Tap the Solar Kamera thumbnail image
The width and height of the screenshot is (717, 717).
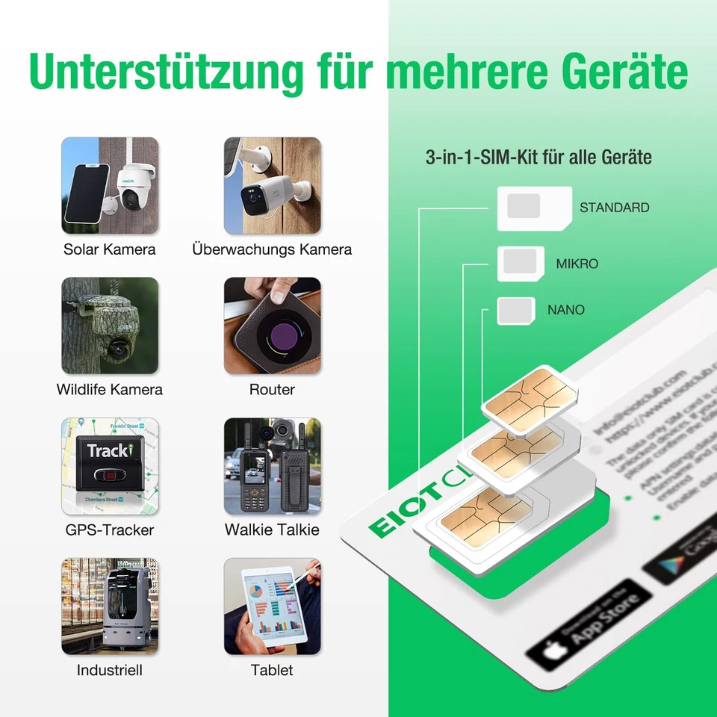coord(110,185)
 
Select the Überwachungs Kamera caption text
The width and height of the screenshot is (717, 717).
coord(272,249)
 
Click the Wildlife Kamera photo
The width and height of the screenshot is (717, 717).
coord(110,326)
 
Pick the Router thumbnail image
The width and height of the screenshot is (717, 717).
coord(272,326)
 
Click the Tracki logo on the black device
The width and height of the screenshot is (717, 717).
coord(109,450)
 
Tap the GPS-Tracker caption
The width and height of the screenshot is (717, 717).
coord(109,530)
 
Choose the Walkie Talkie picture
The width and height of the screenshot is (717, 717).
coord(272,466)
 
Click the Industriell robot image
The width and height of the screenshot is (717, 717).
coord(110,606)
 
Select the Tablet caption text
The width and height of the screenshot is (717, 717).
coord(272,671)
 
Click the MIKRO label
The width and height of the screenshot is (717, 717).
coord(577,264)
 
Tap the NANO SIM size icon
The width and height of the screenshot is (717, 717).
coord(516,310)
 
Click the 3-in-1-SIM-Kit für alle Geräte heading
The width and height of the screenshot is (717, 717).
coord(538,158)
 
